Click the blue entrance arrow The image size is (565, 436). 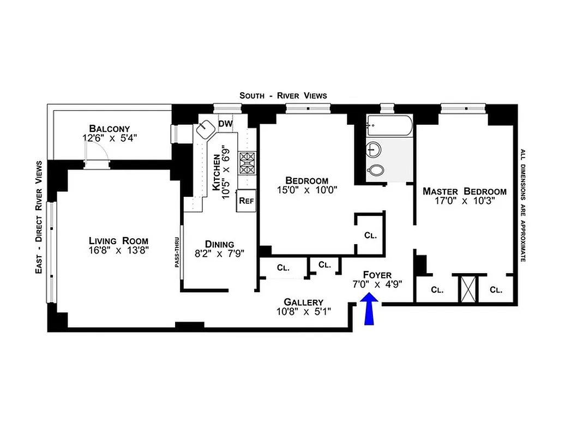(369, 310)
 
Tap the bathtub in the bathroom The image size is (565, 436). (389, 127)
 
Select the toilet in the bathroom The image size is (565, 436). (375, 171)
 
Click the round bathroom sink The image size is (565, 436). (374, 149)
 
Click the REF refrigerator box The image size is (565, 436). (247, 201)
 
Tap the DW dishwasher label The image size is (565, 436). (225, 124)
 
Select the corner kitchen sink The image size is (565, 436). (207, 130)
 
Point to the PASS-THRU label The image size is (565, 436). (178, 256)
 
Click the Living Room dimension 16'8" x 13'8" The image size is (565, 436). (119, 251)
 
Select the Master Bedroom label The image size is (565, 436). (465, 191)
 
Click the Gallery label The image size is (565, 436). (303, 302)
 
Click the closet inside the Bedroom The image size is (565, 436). (371, 235)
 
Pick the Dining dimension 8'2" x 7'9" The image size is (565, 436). (219, 253)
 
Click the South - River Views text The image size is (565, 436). (283, 95)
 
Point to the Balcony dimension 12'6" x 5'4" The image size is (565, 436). (110, 138)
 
